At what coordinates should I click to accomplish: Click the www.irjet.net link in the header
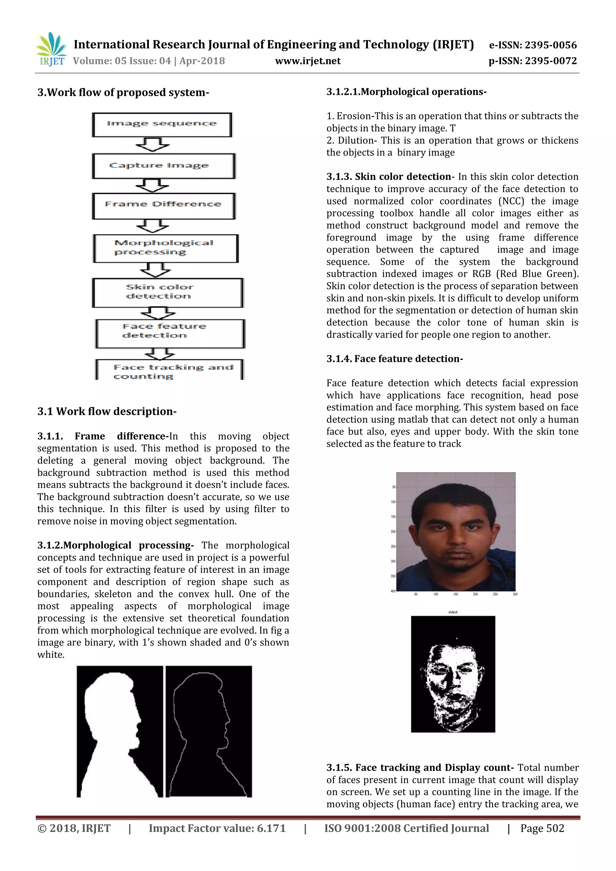click(308, 61)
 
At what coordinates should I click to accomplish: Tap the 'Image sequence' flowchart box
click(162, 125)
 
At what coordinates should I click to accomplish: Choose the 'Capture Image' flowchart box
click(164, 166)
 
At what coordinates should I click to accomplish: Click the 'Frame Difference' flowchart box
click(164, 205)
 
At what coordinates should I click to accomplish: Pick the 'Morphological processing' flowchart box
click(165, 248)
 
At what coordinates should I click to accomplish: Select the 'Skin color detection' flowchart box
click(167, 292)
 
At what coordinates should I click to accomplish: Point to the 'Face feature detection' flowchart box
click(170, 333)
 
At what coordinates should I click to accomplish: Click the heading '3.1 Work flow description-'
click(107, 411)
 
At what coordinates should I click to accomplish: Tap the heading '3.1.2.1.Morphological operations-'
click(406, 92)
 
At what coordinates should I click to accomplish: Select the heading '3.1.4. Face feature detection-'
click(395, 359)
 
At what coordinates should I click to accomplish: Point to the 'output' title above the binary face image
click(453, 612)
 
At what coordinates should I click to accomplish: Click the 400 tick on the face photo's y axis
click(393, 591)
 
